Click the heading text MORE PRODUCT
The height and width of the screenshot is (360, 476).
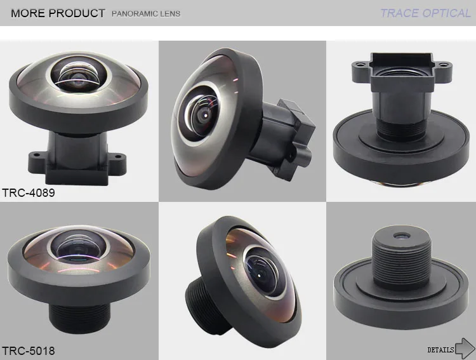(x=58, y=13)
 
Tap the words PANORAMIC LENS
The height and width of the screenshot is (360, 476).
(x=145, y=13)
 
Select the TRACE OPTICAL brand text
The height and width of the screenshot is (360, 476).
(x=425, y=13)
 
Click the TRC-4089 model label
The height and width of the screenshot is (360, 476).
(x=29, y=192)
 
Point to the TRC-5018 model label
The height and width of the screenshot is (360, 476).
(x=29, y=350)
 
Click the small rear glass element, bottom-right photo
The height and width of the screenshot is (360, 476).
(x=400, y=235)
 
